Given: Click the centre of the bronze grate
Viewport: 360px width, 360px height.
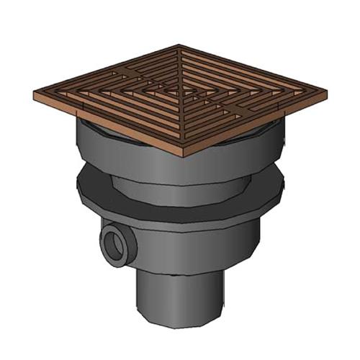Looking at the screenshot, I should (x=180, y=94).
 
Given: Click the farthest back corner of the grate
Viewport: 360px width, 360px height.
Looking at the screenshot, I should (x=178, y=45).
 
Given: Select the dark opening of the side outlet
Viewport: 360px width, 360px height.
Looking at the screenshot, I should (x=115, y=246).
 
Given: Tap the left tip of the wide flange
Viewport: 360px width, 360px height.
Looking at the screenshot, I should (x=77, y=187).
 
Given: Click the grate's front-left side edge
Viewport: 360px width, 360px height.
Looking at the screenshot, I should (x=108, y=127).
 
